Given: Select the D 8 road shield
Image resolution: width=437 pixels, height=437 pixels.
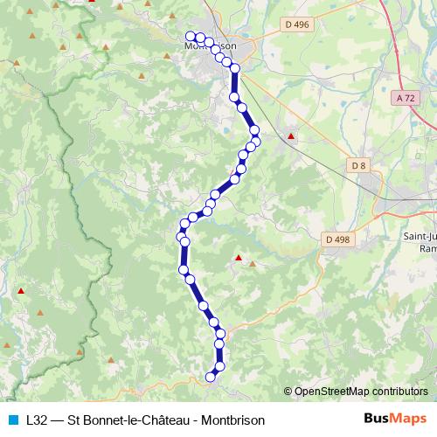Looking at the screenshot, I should pyautogui.click(x=357, y=164).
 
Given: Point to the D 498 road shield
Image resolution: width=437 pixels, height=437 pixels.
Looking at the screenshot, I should pyautogui.click(x=336, y=238).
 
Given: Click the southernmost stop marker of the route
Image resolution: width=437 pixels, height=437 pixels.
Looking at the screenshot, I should pyautogui.click(x=210, y=377).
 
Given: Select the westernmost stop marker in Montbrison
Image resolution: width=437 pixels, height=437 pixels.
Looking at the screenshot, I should pyautogui.click(x=190, y=37).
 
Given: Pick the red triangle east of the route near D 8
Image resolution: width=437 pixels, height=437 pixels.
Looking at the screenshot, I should pyautogui.click(x=291, y=136).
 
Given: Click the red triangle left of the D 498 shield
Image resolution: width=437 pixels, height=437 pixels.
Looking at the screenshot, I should pyautogui.click(x=238, y=258).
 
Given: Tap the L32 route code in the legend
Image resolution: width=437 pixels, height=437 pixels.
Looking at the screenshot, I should pyautogui.click(x=38, y=420).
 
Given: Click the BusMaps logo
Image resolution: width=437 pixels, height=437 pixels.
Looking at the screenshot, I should pyautogui.click(x=396, y=419).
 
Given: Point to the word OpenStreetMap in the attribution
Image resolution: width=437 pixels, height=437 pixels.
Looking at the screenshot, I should pyautogui.click(x=331, y=391).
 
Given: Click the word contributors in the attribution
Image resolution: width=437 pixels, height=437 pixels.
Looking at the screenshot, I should pyautogui.click(x=399, y=391).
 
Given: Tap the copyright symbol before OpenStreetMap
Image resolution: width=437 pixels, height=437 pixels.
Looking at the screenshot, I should pyautogui.click(x=288, y=391).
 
